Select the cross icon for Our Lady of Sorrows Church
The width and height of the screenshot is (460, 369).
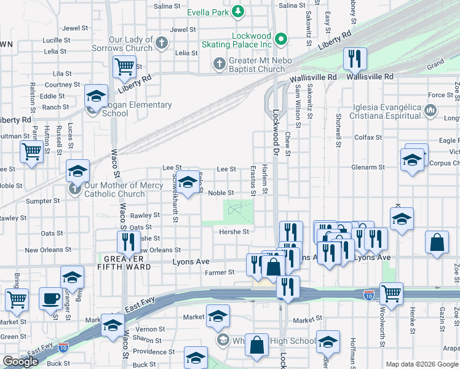[162, 43]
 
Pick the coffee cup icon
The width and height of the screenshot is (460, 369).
[50, 299]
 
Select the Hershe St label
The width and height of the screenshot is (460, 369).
[234, 232]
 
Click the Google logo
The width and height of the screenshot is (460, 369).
[20, 362]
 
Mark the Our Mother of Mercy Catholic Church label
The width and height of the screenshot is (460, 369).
[114, 189]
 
